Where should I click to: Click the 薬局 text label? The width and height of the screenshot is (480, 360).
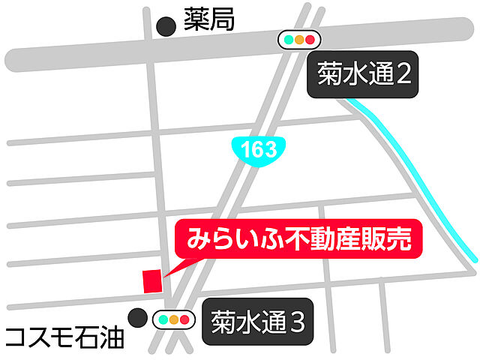pos(210,20)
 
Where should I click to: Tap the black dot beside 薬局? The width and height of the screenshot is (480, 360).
pos(164,27)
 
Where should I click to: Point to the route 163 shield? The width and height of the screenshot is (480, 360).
pos(259,148)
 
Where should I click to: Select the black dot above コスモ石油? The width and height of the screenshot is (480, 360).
pos(136,317)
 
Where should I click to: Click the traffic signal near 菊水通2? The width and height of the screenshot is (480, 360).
pos(298,40)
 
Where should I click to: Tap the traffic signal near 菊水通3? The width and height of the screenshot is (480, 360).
pos(174,320)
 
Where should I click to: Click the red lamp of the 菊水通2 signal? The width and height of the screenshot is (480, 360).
pos(310,40)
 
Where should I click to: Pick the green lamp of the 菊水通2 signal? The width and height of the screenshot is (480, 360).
pos(287,40)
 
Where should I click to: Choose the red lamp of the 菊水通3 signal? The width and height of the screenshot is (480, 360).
pos(185,320)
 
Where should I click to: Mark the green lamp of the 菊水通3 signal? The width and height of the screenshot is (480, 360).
pos(163,320)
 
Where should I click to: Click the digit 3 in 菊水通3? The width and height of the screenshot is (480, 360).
pos(298,323)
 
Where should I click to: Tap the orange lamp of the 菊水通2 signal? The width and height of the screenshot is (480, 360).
pos(298,40)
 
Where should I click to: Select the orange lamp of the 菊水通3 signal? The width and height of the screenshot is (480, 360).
pos(174,320)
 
